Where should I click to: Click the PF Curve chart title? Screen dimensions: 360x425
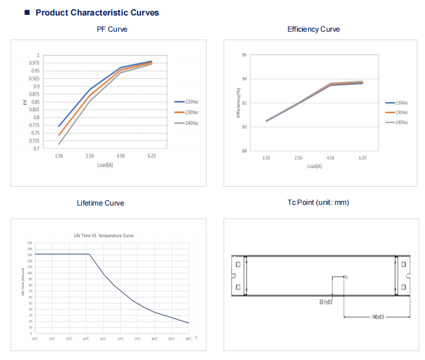coord(112,29)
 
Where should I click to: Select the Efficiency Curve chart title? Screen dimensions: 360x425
coord(313,29)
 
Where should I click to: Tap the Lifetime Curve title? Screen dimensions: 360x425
coord(100,203)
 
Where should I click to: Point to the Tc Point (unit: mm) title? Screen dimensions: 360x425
coord(318,202)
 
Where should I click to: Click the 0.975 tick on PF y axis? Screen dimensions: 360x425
coord(33,63)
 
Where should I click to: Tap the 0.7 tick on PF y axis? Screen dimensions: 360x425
coord(36,148)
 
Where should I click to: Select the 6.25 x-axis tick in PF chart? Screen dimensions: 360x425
coord(151,156)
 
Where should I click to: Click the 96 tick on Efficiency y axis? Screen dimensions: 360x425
coord(244,56)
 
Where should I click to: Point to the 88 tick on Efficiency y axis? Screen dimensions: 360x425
coord(244,151)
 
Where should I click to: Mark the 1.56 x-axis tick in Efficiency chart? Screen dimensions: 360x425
coord(266,158)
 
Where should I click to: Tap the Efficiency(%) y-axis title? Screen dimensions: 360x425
coord(238,103)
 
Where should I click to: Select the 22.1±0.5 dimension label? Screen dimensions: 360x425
coord(326,301)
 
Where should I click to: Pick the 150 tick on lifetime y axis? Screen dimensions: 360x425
coord(29,242)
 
